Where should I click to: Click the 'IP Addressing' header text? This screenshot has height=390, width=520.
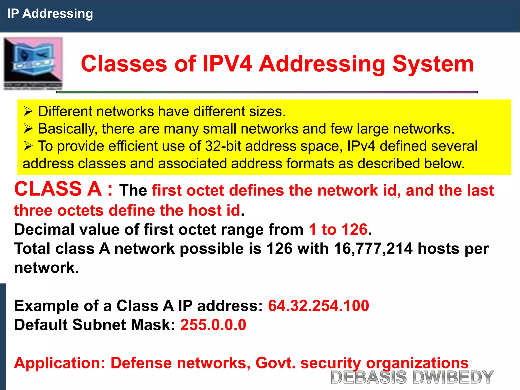(50, 14)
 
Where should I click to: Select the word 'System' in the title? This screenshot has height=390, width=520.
(433, 64)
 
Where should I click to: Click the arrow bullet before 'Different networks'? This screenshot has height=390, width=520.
(28, 111)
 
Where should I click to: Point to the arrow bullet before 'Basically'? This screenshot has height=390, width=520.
(28, 129)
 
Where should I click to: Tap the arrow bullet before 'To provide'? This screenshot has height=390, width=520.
(28, 146)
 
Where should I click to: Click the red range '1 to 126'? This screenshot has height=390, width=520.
(338, 230)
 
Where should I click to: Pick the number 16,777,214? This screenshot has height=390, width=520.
(373, 249)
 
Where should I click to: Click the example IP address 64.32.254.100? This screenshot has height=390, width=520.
(318, 306)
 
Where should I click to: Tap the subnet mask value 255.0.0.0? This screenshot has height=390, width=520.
(213, 325)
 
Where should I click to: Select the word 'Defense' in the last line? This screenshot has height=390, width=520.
(141, 363)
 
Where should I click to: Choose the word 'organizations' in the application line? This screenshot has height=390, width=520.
(417, 363)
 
